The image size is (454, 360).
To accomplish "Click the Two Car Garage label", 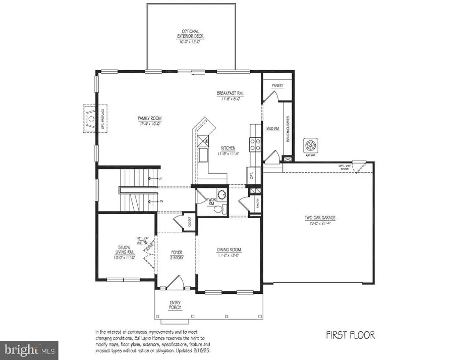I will click(x=320, y=220).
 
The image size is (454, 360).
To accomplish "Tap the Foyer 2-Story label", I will click(x=176, y=254).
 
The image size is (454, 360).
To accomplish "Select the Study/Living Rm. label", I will click(x=123, y=251).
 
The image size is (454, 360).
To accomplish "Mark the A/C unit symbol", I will click(x=309, y=144).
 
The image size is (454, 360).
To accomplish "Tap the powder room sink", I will click(x=220, y=194).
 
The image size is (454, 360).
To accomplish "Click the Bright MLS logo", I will click(x=29, y=349).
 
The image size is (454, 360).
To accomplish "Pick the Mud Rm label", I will click(x=272, y=129).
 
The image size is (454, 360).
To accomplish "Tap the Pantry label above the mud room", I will click(x=278, y=86).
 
